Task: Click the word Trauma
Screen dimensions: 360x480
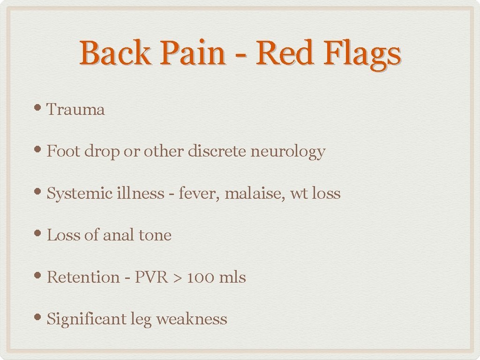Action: pyautogui.click(x=76, y=110)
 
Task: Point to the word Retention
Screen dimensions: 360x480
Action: pyautogui.click(x=83, y=277)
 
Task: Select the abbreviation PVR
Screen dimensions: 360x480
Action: pyautogui.click(x=151, y=277)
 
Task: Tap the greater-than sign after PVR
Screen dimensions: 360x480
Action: pyautogui.click(x=177, y=277)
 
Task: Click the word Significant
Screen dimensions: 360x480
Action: pyautogui.click(x=86, y=319)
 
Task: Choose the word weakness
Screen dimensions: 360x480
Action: pyautogui.click(x=191, y=319)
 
